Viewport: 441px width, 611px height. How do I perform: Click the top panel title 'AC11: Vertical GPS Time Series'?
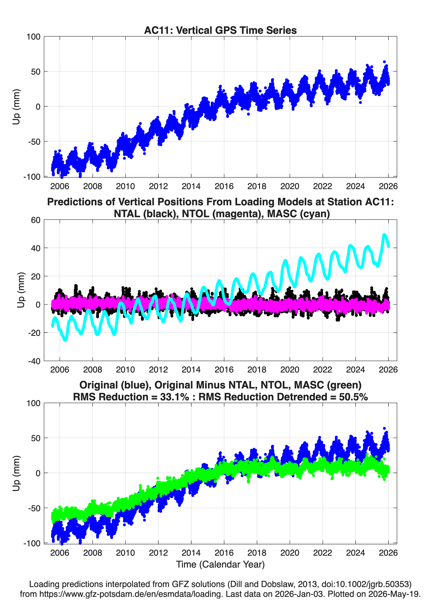coord(220,30)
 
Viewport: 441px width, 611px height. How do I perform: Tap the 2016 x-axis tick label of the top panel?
coord(224,186)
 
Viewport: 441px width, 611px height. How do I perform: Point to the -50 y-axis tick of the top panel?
coord(34,141)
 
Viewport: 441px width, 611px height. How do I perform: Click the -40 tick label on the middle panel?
coord(34,361)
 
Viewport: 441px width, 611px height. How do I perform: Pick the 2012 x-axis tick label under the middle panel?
coord(158,369)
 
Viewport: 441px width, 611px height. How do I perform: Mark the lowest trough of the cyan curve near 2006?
coord(65,340)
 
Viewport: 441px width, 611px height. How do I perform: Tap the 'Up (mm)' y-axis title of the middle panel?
coord(21,290)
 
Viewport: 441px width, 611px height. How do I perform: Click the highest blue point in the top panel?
coord(384,62)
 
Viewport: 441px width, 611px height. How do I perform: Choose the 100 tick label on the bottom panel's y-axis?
coord(33,403)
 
